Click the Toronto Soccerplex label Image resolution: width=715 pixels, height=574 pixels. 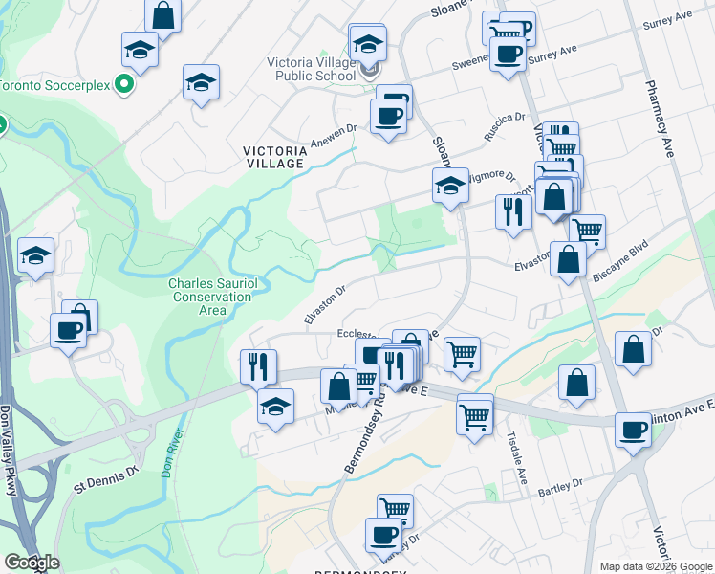coord(55,84)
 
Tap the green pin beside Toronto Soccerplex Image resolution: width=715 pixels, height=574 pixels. coord(123,85)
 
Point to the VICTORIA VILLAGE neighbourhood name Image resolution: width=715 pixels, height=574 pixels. coord(273,157)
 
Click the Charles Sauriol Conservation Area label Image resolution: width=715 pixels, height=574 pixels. coord(211,297)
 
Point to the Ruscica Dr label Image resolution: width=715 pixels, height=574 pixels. coord(505,127)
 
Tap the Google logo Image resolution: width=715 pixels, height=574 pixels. coord(32,563)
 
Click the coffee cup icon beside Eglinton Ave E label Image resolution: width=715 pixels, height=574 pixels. coord(632,430)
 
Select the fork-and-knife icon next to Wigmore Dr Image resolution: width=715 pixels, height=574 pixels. coord(513,210)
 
